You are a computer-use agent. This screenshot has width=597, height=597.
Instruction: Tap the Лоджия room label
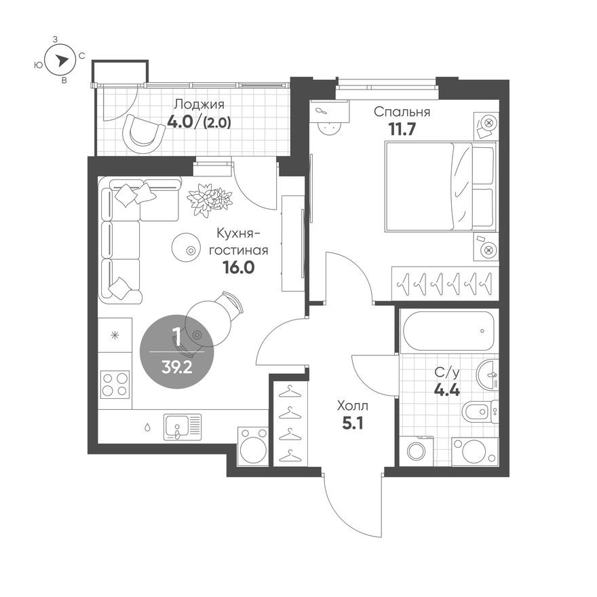199,104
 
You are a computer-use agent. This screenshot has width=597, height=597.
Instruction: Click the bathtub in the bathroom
448,331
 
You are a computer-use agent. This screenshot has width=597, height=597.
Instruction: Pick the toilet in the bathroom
478,412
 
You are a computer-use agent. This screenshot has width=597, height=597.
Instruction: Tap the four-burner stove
114,384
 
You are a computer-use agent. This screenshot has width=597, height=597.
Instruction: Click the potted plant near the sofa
210,198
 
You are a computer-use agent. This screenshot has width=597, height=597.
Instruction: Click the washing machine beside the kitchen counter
253,446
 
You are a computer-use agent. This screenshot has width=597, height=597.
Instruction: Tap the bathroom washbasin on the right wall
488,375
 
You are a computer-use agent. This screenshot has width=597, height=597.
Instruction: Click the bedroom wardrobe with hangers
444,282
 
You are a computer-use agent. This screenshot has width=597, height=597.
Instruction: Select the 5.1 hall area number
352,427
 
